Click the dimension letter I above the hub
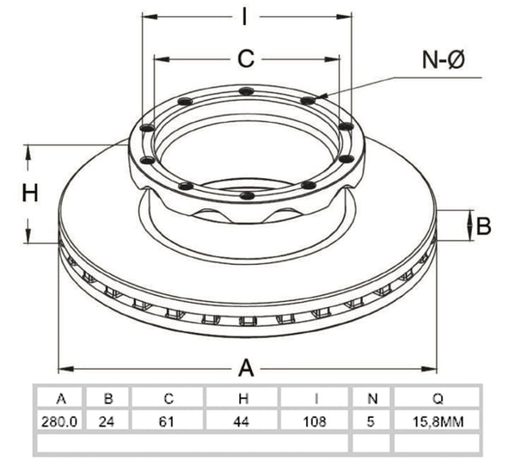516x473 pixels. coord(244,16)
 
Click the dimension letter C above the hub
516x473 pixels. coord(246,58)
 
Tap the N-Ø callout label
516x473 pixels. coord(444,60)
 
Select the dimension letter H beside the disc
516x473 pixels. coord(30,193)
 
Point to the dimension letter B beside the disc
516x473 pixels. coord(483,226)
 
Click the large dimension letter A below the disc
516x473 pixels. coord(246,368)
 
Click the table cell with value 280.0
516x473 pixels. coord(59,421)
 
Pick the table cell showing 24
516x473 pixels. coord(107,421)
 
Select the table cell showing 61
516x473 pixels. coord(167,421)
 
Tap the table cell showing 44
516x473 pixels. coord(243,421)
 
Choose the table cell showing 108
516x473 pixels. coord(316,421)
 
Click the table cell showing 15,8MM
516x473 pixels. coord(438,421)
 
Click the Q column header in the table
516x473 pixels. coord(438,399)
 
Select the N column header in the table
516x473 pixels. coord(372,399)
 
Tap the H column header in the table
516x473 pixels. coord(243,399)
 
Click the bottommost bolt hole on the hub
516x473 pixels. coord(247,195)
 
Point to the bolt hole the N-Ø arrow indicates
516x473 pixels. coord(309,100)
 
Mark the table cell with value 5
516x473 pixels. coord(372,421)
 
